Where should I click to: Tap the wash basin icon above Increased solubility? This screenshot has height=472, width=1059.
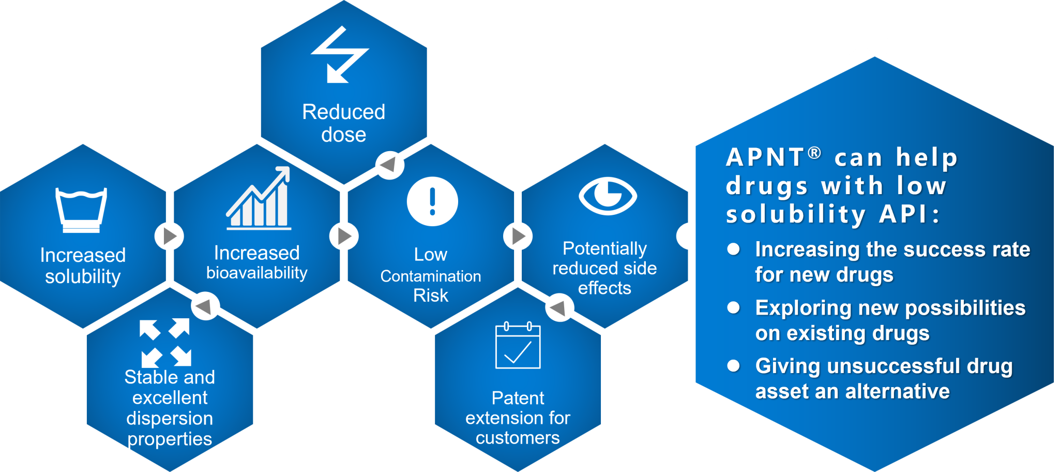[81, 210]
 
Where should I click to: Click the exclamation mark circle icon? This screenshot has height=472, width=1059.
[432, 201]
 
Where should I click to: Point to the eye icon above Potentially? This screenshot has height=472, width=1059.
[608, 196]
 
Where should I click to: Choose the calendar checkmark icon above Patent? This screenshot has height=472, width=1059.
[518, 345]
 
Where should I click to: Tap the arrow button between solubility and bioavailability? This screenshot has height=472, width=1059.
[169, 236]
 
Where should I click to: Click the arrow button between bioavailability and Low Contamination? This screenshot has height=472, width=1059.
[344, 236]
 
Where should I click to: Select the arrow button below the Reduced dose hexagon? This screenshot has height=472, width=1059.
[389, 165]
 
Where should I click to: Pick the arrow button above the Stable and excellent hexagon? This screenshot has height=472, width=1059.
[205, 306]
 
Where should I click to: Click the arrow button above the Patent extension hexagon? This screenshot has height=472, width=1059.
[559, 307]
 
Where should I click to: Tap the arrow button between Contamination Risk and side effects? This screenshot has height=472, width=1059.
[518, 236]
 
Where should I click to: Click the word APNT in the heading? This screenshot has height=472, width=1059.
[765, 157]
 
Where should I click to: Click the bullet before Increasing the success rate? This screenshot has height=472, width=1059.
[733, 249]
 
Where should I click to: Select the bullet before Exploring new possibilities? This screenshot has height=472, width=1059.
[733, 307]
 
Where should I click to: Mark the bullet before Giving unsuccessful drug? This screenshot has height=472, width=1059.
[733, 366]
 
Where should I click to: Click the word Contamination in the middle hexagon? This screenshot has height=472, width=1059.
[430, 276]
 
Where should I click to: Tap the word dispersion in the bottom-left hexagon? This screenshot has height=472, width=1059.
[170, 418]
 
